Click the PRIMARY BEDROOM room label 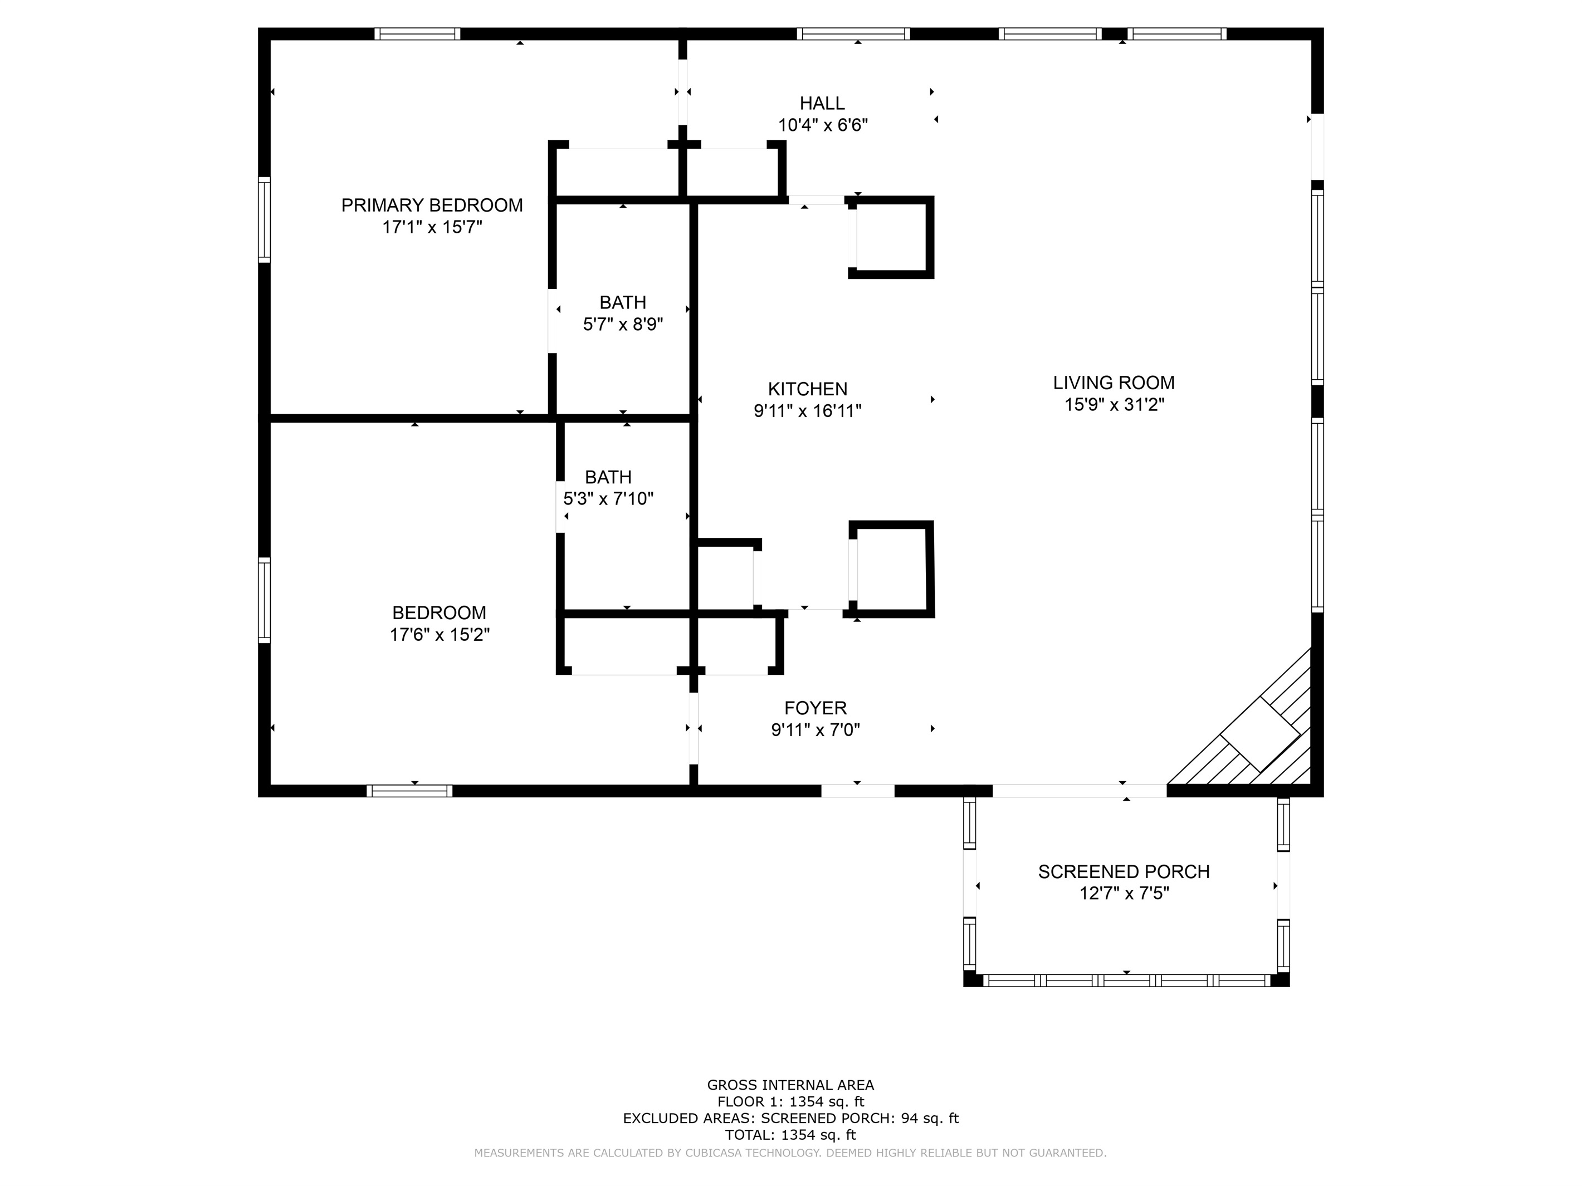point(432,205)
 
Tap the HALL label point(822,103)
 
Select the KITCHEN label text point(808,389)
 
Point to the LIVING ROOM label point(1114,383)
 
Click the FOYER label point(816,708)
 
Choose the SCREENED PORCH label point(1124,871)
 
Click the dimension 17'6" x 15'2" point(439,634)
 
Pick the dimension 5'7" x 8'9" point(623,325)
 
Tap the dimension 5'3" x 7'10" point(609,498)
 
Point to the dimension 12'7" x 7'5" point(1124,894)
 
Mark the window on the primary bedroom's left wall point(265,219)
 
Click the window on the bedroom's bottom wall point(409,791)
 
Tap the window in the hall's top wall point(853,33)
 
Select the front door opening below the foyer point(857,791)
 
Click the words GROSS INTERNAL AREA point(790,1085)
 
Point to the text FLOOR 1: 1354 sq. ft point(790,1101)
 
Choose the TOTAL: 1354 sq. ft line point(790,1135)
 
